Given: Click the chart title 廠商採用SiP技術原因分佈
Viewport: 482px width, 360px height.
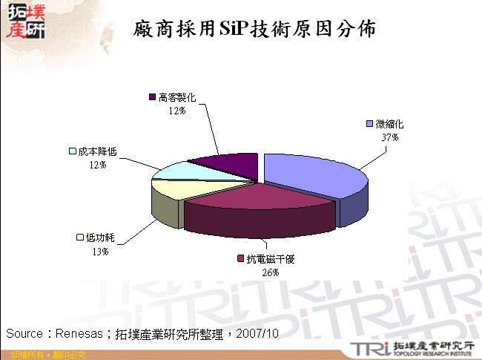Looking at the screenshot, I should (x=255, y=29).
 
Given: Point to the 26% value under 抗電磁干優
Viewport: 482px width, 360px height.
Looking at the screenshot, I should (x=269, y=272).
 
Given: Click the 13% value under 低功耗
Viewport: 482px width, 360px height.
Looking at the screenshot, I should (x=100, y=252).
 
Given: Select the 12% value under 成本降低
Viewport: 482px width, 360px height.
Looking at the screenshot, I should (x=96, y=164).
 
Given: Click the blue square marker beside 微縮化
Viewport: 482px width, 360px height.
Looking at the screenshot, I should (x=369, y=123).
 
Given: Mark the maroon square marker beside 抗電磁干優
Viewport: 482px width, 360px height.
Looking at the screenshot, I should (x=240, y=258).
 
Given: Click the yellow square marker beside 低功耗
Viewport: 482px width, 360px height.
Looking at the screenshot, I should (x=79, y=238).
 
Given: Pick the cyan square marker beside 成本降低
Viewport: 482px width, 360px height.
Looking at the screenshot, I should (x=72, y=151).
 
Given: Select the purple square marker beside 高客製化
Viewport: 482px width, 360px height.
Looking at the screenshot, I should (x=152, y=96).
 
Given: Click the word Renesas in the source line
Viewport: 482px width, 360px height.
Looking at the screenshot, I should (x=77, y=334).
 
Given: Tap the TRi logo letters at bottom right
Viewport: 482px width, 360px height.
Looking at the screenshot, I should (x=367, y=348).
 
